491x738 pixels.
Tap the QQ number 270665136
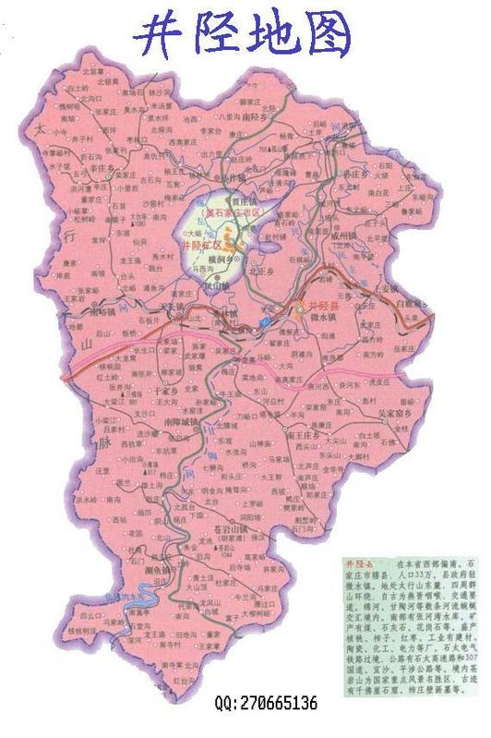point(266,704)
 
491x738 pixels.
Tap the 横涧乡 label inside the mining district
point(222,262)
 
